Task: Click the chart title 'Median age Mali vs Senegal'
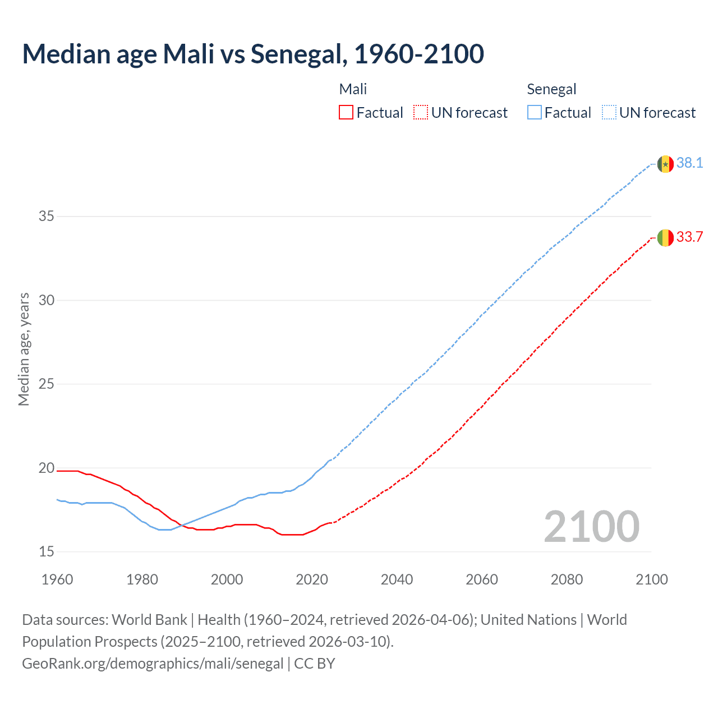pyautogui.click(x=252, y=54)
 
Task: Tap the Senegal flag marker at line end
pyautogui.click(x=665, y=164)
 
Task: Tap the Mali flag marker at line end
pyautogui.click(x=665, y=238)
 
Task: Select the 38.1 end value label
pyautogui.click(x=689, y=163)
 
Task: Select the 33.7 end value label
pyautogui.click(x=689, y=237)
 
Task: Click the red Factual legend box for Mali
pyautogui.click(x=346, y=113)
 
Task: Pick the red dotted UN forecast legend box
pyautogui.click(x=421, y=113)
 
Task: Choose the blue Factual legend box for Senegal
pyautogui.click(x=534, y=113)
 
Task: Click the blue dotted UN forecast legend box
pyautogui.click(x=609, y=113)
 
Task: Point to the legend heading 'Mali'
pyautogui.click(x=353, y=89)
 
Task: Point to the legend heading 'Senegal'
pyautogui.click(x=551, y=89)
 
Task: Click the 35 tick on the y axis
pyautogui.click(x=47, y=217)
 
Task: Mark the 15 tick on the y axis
pyautogui.click(x=47, y=552)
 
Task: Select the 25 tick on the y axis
pyautogui.click(x=47, y=384)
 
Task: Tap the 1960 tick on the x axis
pyautogui.click(x=57, y=579)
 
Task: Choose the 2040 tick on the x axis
pyautogui.click(x=397, y=579)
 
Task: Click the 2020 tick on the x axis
pyautogui.click(x=312, y=579)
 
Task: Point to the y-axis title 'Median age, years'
pyautogui.click(x=24, y=349)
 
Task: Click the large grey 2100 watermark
pyautogui.click(x=592, y=527)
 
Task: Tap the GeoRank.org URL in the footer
pyautogui.click(x=153, y=664)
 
